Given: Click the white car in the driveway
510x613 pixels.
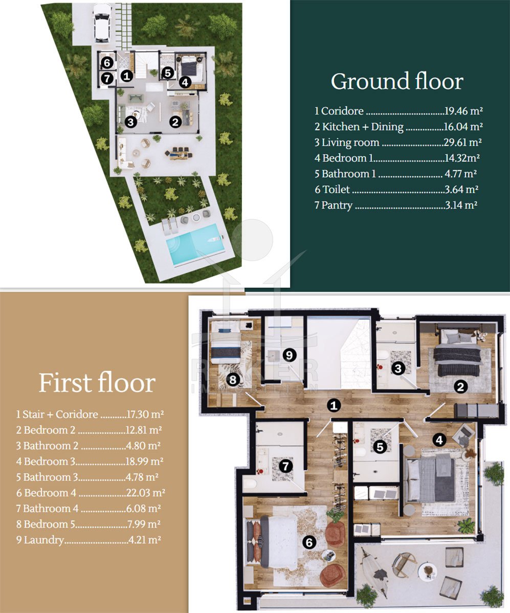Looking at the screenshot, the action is coord(102,23).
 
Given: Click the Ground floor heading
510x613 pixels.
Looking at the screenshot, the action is coord(397,81).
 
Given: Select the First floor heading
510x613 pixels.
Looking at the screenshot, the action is coord(97,383).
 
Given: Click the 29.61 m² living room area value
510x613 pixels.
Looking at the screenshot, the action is coord(462,143).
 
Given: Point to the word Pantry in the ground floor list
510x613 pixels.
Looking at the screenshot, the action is coord(337,205).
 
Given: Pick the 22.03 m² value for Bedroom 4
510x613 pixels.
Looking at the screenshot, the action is coord(145,492).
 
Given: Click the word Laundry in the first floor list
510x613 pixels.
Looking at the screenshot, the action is coord(43,540).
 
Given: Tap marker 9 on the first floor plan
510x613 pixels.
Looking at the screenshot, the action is coord(289,355).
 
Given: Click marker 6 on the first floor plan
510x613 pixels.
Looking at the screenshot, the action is coord(309,543).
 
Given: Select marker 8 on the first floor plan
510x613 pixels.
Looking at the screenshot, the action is coord(233,380).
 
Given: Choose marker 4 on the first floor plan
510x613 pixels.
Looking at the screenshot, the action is coord(439,440).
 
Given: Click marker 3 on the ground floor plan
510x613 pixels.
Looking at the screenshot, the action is coord(131,122).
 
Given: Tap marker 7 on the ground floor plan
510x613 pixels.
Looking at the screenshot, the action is coord(107,79).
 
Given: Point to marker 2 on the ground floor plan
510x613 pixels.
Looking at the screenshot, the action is coord(175,122).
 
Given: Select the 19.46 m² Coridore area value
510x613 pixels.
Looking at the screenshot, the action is coord(463,111).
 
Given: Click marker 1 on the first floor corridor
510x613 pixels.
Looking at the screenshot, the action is coord(334,406).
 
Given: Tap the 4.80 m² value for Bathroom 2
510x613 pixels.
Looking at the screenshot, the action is coord(143,445).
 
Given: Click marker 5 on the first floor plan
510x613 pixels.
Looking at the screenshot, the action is coord(380,447).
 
